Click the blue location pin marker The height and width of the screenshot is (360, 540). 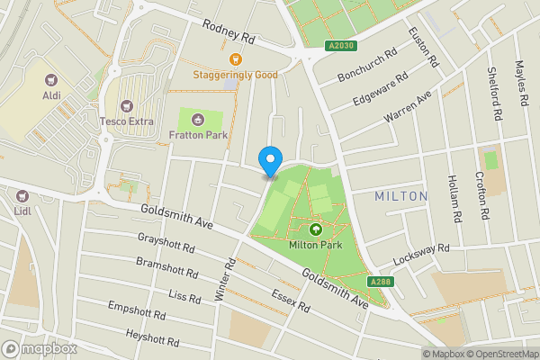click(269, 160)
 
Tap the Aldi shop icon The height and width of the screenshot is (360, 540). click(50, 79)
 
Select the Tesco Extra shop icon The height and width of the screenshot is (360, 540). click(126, 106)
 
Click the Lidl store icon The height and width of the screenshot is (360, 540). click(22, 195)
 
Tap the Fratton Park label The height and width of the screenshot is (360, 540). click(198, 135)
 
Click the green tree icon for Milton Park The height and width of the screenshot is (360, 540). click(314, 229)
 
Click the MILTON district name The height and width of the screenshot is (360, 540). click(400, 195)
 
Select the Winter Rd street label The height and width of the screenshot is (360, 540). click(224, 278)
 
